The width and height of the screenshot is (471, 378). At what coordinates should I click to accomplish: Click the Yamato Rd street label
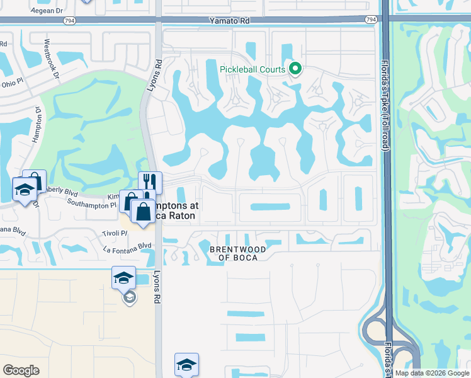tap(231, 21)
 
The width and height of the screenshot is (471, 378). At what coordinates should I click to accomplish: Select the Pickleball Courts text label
tap(253, 69)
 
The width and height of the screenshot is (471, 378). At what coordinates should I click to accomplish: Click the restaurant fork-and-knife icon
tap(150, 182)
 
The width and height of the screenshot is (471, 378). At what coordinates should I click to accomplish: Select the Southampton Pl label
tap(92, 205)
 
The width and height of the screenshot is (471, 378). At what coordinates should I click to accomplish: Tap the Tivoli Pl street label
tap(115, 233)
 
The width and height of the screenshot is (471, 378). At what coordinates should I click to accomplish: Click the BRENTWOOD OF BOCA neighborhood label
tap(237, 254)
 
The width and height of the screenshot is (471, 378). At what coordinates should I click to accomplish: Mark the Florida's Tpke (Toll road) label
tap(385, 104)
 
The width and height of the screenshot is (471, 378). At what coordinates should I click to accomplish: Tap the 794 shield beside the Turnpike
tap(371, 20)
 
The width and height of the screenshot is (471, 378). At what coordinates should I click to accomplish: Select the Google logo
tap(21, 370)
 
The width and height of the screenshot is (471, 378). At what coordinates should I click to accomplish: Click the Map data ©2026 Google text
tap(431, 374)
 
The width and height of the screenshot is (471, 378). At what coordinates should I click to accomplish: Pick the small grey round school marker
tap(129, 297)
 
